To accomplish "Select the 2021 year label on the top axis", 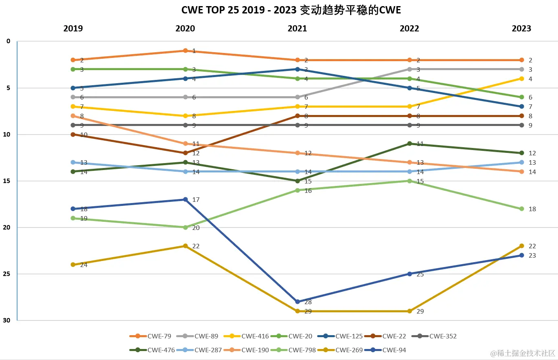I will (298, 29).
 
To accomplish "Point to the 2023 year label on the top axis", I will (522, 29).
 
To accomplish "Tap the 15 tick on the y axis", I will (8, 181).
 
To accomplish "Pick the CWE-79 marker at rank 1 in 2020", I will (185, 51).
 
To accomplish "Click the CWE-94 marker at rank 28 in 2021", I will (298, 302).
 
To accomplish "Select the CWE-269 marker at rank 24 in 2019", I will (73, 265).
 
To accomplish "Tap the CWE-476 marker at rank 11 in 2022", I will (410, 144).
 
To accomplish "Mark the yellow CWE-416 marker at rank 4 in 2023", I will (522, 78).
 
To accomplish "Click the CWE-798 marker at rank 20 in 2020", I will (185, 227).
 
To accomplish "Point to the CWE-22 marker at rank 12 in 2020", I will (185, 153).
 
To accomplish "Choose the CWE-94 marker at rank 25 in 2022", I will (410, 274).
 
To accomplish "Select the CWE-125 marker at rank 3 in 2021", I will (298, 69).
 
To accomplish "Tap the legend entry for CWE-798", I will (293, 350).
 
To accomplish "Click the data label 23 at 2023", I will (532, 256).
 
